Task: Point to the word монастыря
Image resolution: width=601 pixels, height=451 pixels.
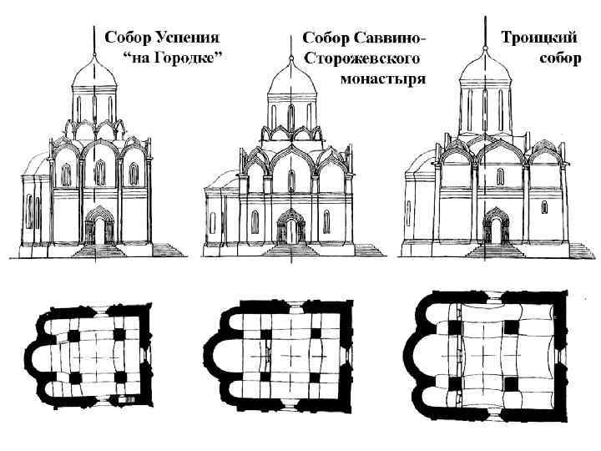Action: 384,80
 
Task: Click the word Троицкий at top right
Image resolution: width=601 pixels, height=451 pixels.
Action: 535,38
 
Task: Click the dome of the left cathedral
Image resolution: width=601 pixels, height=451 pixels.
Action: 96,78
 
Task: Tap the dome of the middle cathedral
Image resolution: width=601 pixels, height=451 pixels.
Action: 291,84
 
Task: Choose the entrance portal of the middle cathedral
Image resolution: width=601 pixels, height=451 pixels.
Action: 291,227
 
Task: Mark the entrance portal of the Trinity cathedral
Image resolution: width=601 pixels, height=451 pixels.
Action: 495,226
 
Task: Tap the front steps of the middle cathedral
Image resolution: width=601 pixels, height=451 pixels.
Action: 291,251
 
